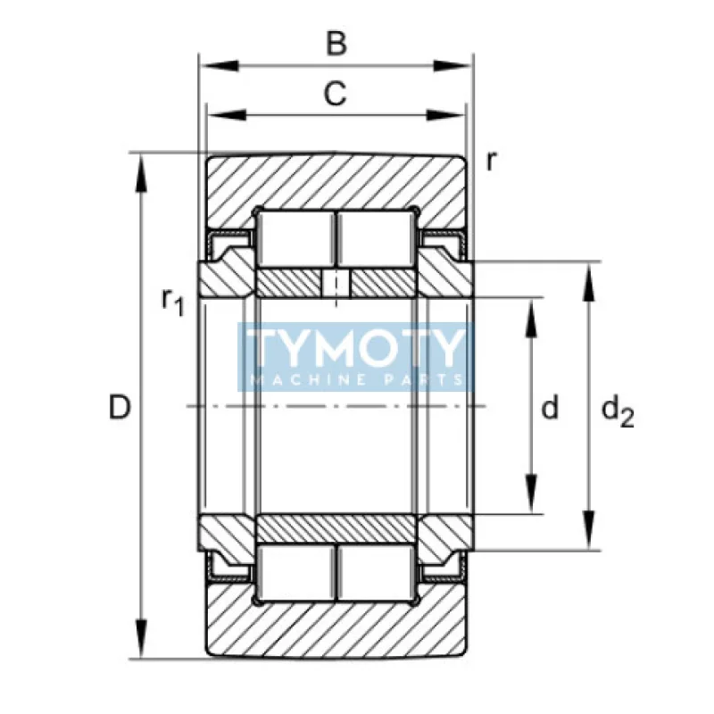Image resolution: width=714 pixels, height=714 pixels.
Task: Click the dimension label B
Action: [336, 43]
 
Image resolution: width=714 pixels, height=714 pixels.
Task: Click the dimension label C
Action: [336, 94]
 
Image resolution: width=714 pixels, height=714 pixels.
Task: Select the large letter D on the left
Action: [120, 407]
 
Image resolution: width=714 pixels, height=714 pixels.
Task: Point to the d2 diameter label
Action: [618, 411]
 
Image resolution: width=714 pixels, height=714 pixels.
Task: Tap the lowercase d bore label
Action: [550, 407]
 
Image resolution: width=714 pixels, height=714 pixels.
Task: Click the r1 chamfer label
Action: [172, 302]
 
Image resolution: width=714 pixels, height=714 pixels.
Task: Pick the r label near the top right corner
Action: [490, 161]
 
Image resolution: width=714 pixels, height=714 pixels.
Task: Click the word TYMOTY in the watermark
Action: [355, 347]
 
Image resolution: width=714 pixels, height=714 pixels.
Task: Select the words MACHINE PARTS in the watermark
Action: [355, 379]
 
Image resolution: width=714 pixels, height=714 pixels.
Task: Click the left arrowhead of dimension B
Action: [220, 65]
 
